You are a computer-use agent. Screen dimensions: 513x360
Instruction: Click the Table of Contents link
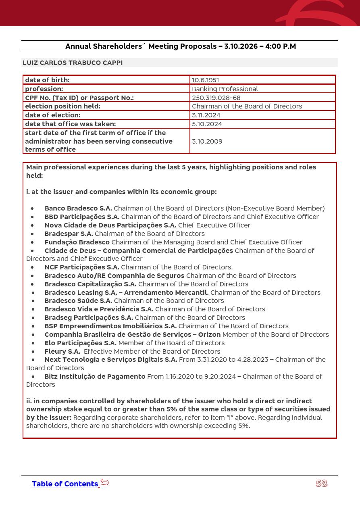pyautogui.click(x=65, y=484)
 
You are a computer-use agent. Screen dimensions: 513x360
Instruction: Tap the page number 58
pyautogui.click(x=321, y=484)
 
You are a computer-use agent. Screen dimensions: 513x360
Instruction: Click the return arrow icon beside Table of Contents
pyautogui.click(x=105, y=482)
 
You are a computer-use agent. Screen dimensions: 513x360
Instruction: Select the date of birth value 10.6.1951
pyautogui.click(x=205, y=80)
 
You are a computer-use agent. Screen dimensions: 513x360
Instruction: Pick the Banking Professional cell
pyautogui.click(x=225, y=89)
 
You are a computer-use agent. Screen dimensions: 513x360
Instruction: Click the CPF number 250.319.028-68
pyautogui.click(x=216, y=98)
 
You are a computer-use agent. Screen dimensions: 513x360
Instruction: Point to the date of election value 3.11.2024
pyautogui.click(x=206, y=115)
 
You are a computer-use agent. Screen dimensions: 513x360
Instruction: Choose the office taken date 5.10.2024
pyautogui.click(x=207, y=124)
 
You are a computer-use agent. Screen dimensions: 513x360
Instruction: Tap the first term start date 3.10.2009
pyautogui.click(x=207, y=141)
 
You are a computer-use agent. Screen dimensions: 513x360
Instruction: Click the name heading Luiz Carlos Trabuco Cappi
pyautogui.click(x=73, y=63)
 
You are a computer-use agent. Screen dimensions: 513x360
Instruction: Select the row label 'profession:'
pyautogui.click(x=44, y=89)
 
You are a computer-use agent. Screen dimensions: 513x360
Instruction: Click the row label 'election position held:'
pyautogui.click(x=62, y=106)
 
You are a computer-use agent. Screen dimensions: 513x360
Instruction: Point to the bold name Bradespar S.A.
pyautogui.click(x=69, y=234)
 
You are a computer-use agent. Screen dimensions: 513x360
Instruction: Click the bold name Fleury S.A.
pyautogui.click(x=62, y=351)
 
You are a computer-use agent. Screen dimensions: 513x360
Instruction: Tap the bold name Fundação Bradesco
pyautogui.click(x=77, y=242)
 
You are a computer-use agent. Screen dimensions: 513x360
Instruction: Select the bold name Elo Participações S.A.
pyautogui.click(x=80, y=343)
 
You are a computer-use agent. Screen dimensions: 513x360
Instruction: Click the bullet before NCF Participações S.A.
pyautogui.click(x=32, y=267)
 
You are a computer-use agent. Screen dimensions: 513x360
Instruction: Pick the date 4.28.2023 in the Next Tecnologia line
pyautogui.click(x=253, y=359)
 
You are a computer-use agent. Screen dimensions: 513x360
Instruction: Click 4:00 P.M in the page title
pyautogui.click(x=281, y=46)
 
